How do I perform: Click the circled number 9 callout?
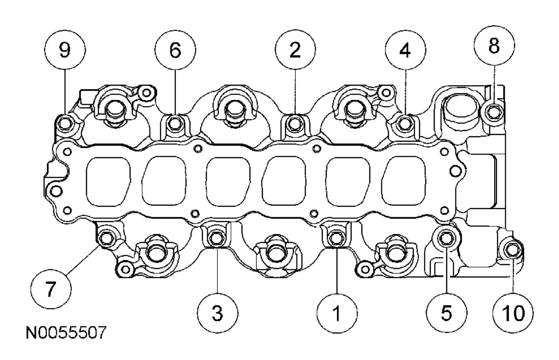(65, 51)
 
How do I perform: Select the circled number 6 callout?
(174, 51)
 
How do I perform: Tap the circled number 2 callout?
(294, 51)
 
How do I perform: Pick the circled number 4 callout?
(404, 52)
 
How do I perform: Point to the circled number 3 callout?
(217, 313)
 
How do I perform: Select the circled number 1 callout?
(337, 313)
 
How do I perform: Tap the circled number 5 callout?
(446, 313)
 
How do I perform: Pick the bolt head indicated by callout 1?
(334, 238)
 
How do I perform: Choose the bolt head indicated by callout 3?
(215, 239)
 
